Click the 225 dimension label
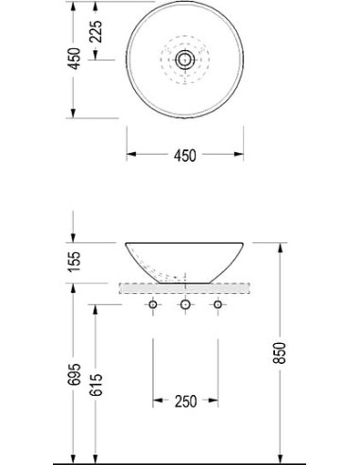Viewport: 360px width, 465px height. [x=95, y=31]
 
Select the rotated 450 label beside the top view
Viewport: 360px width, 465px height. [x=75, y=59]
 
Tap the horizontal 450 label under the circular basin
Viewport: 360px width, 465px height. [x=185, y=155]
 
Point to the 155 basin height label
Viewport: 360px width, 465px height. [x=75, y=262]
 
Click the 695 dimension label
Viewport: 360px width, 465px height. [x=75, y=375]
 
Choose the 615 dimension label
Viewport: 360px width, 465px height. [x=95, y=385]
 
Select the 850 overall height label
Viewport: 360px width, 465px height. [x=280, y=353]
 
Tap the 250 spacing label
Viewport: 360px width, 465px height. [x=185, y=402]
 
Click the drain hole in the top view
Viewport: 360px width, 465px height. [x=185, y=60]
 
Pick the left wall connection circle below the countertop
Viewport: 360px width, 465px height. [x=153, y=304]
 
